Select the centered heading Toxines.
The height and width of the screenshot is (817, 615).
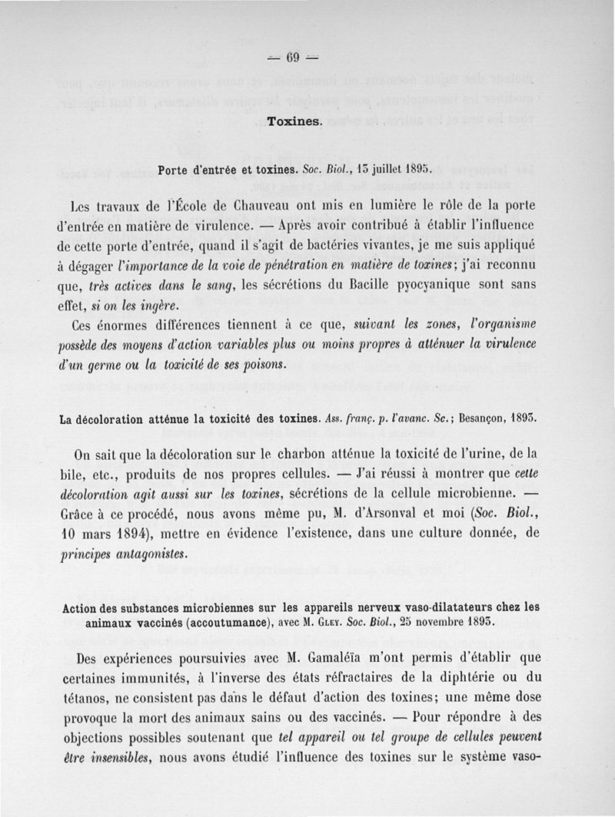click(x=294, y=121)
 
